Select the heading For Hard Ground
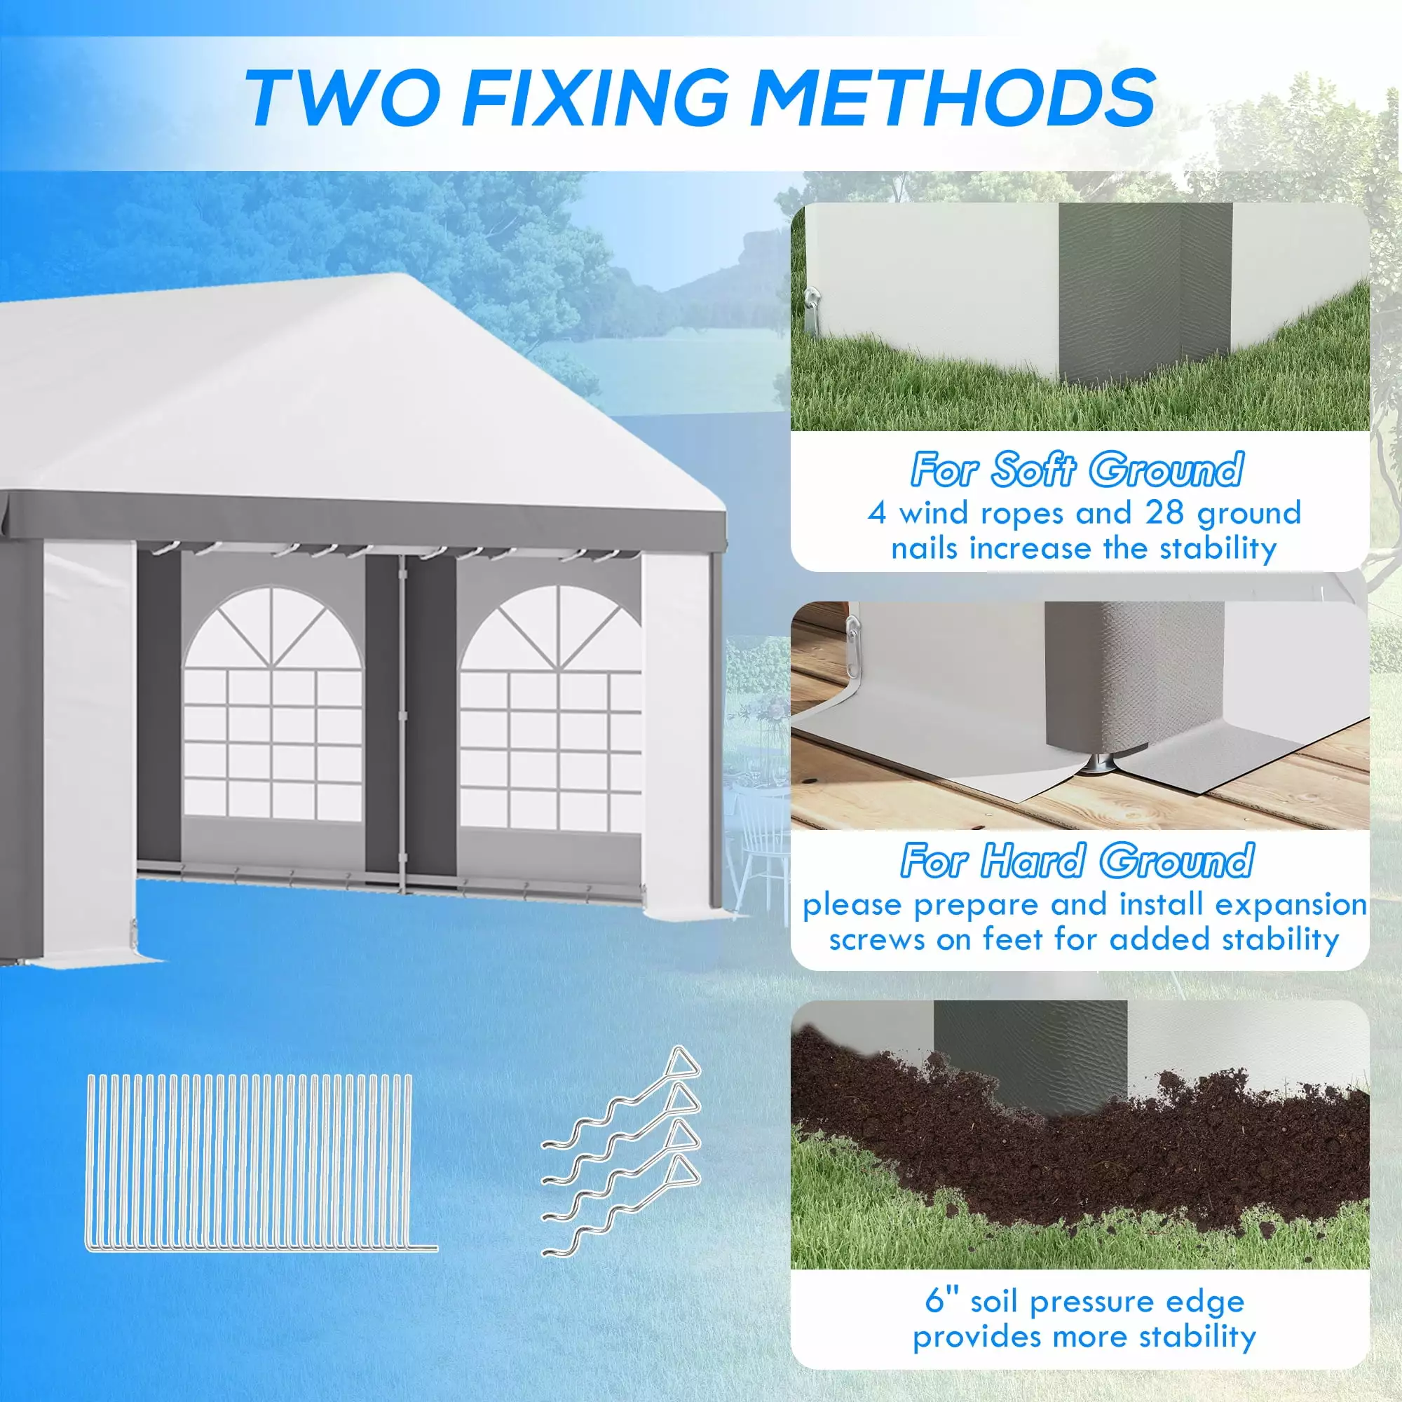(1077, 861)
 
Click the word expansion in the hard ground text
(1291, 905)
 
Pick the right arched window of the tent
(550, 707)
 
